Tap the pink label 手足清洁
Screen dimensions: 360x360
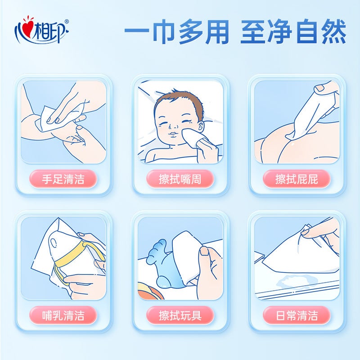[x=63, y=179]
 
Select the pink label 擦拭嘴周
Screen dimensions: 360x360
[x=180, y=179]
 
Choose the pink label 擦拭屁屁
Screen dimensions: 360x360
[x=297, y=179]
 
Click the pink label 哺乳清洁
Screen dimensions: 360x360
[x=63, y=315]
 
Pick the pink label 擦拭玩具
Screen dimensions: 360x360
[x=180, y=315]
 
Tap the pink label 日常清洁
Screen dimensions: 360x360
[x=297, y=315]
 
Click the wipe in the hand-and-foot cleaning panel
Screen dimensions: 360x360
[x=47, y=117]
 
